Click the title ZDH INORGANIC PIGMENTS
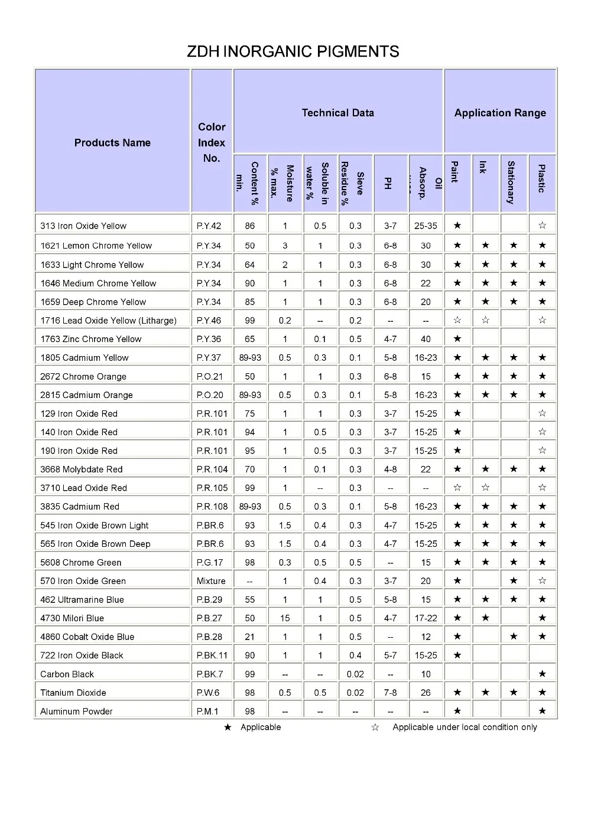pos(293,52)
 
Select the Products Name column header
pos(112,143)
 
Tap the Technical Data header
pos(337,113)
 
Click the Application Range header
pos(500,113)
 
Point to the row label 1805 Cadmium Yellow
pos(85,358)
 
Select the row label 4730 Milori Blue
pos(72,618)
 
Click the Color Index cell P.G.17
pos(210,563)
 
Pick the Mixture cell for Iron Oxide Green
pos(211,581)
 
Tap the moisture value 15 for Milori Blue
pos(285,618)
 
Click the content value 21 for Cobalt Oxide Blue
pos(250,637)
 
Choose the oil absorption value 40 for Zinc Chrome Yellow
pos(426,339)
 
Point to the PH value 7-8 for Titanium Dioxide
pos(390,693)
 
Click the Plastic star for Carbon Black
pos(542,674)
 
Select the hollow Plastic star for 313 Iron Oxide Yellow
pos(542,226)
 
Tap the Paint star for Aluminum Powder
pos(457,711)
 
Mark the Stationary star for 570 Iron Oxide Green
pos(514,581)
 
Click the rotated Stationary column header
pos(511,182)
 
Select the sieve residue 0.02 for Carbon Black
pos(355,674)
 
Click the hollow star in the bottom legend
pos(375,728)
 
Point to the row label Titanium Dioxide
pos(73,693)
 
